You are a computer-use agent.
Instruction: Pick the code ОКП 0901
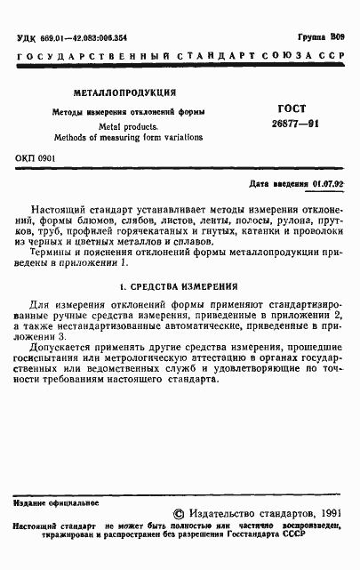35,158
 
